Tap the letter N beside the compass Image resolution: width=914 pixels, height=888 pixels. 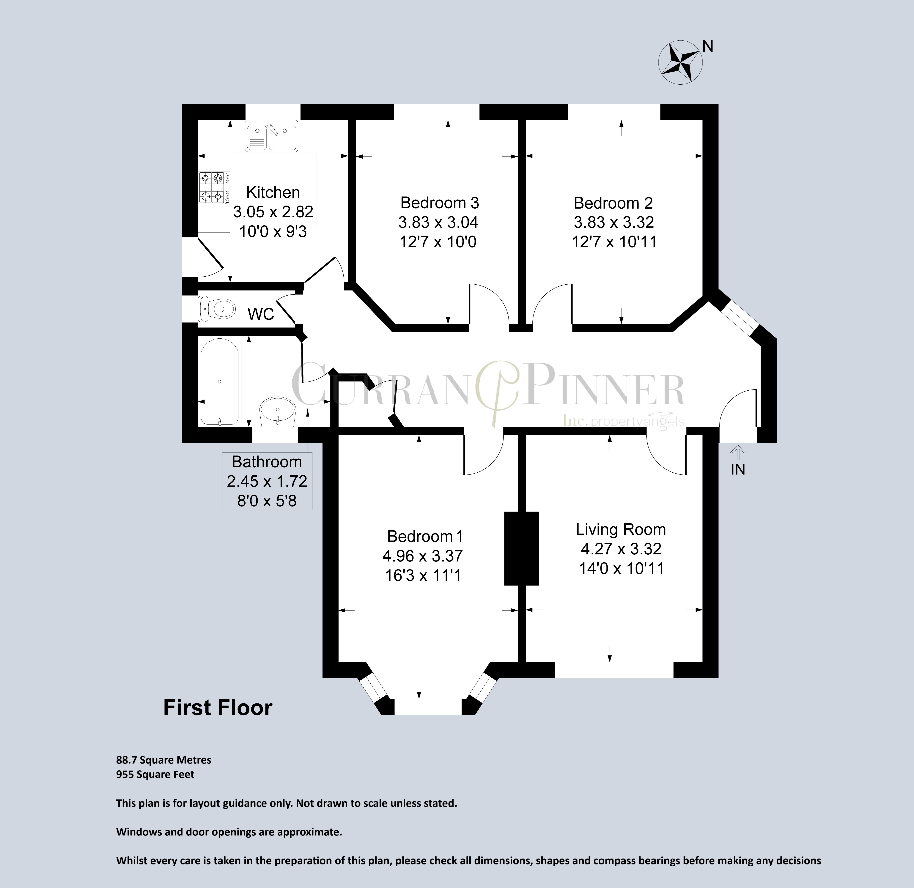pos(708,46)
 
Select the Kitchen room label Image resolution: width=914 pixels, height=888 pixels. pos(273,192)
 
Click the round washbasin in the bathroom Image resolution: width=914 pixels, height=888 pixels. pos(278,411)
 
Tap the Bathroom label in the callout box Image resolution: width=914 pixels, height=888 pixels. pos(267,462)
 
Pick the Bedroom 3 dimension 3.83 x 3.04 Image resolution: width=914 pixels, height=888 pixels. pos(438,223)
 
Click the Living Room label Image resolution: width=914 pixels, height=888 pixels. pos(621,529)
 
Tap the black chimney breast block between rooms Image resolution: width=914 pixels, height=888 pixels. pos(522,548)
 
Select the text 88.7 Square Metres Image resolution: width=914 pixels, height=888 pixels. pos(164,760)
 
